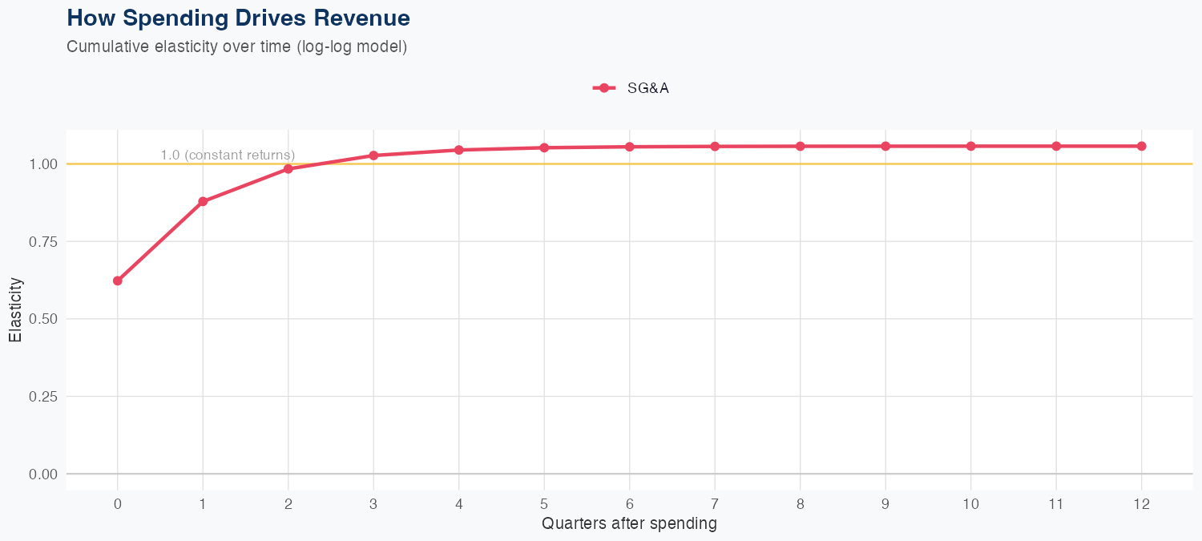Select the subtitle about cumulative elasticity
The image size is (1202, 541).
point(237,46)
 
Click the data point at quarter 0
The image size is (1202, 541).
point(118,281)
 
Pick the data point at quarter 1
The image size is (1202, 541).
point(203,201)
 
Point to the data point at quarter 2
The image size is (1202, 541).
point(288,169)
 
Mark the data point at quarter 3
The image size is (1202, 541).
point(373,155)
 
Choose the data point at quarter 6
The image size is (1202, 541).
point(630,147)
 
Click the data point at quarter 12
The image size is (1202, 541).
point(1142,146)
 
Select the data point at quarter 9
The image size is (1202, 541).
point(885,146)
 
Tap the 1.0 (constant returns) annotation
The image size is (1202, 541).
point(228,155)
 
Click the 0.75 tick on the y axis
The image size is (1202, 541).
point(43,241)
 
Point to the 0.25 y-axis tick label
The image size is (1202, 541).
point(43,397)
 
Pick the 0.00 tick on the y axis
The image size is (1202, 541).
point(43,474)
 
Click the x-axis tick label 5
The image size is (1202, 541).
point(544,504)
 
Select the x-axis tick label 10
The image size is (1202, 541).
point(971,504)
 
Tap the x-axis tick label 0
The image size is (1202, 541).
point(118,504)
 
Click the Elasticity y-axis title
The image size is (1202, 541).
point(15,309)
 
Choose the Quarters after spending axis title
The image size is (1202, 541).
point(629,524)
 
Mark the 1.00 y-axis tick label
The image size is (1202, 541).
point(43,164)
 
